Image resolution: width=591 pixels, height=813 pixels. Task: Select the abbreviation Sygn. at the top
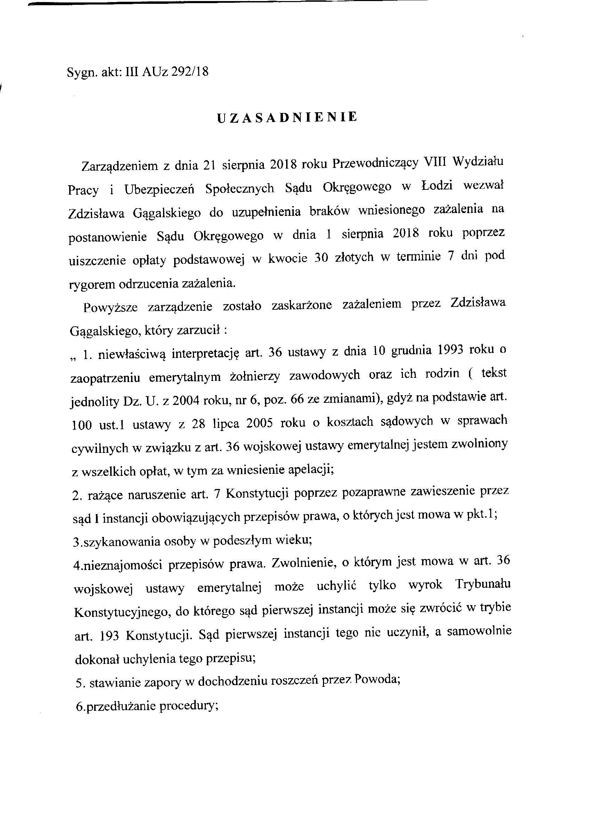pos(79,73)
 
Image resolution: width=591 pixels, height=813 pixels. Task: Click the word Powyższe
pos(110,308)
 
